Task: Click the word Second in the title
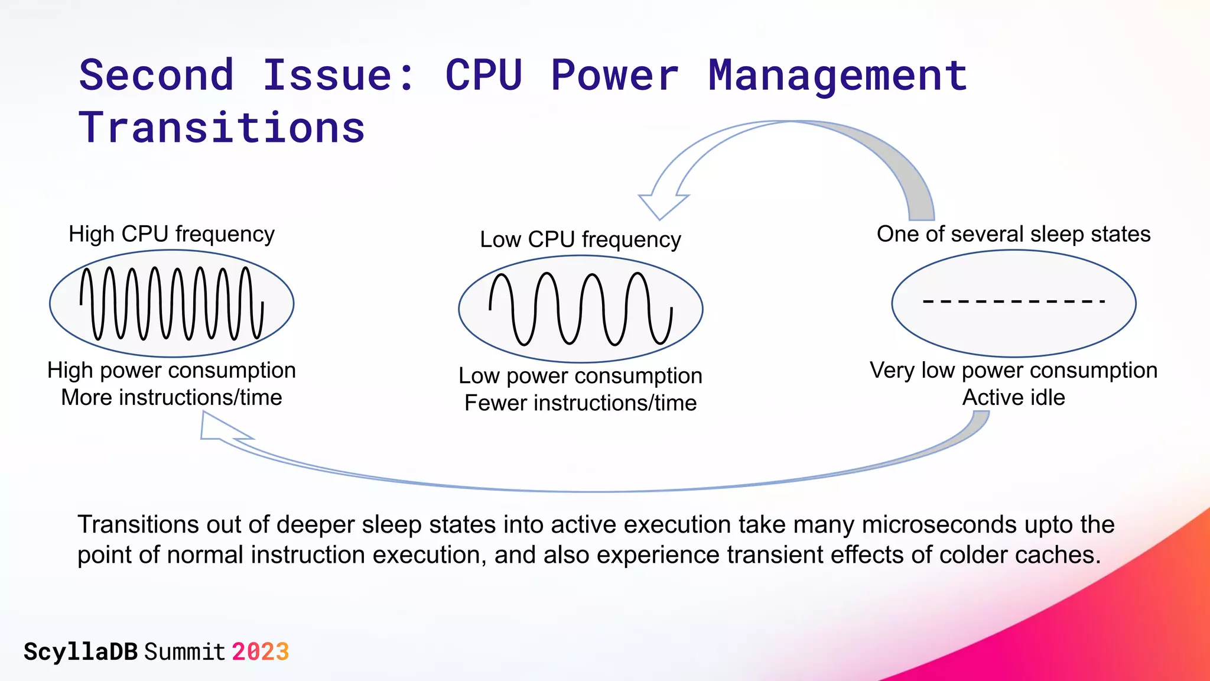coord(157,76)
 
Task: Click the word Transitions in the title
coord(222,128)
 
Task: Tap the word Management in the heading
coord(837,76)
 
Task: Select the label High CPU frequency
coord(171,234)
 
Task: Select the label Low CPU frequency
coord(580,239)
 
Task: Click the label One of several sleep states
coord(1013,234)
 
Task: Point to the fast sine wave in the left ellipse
coord(171,303)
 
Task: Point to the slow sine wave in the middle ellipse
coord(580,309)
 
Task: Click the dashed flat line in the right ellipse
coord(1013,301)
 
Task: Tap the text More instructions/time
coord(171,397)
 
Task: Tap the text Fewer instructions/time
coord(580,403)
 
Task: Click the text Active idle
coord(1013,397)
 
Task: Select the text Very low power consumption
coord(1013,371)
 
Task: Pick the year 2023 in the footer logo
coord(260,652)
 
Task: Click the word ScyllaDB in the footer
coord(80,652)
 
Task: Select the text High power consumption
coord(171,371)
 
